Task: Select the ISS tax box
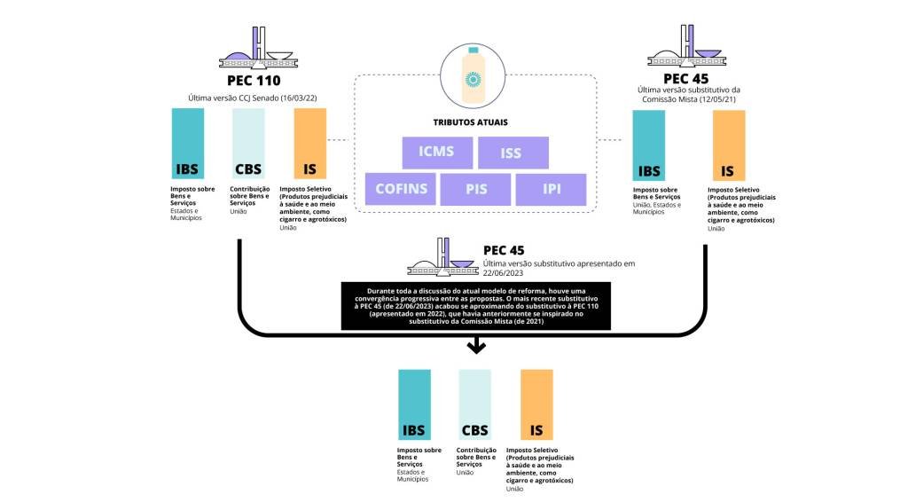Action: pyautogui.click(x=511, y=153)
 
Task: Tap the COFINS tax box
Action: pyautogui.click(x=402, y=189)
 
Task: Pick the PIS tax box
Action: pyautogui.click(x=477, y=189)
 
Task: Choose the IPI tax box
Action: pyautogui.click(x=552, y=189)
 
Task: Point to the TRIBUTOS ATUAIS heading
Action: pyautogui.click(x=477, y=122)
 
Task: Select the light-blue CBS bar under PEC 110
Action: pyautogui.click(x=247, y=144)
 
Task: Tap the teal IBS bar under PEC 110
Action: pyautogui.click(x=186, y=144)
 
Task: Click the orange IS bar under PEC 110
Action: pyautogui.click(x=309, y=144)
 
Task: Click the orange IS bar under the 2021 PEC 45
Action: pyautogui.click(x=728, y=145)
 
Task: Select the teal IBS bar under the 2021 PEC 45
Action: pyautogui.click(x=648, y=145)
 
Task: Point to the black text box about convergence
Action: pyautogui.click(x=477, y=307)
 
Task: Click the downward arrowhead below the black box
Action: pyautogui.click(x=477, y=347)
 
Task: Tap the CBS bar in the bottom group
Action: pyautogui.click(x=474, y=405)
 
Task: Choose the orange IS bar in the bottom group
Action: pyautogui.click(x=536, y=405)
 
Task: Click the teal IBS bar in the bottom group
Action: pyautogui.click(x=414, y=405)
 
